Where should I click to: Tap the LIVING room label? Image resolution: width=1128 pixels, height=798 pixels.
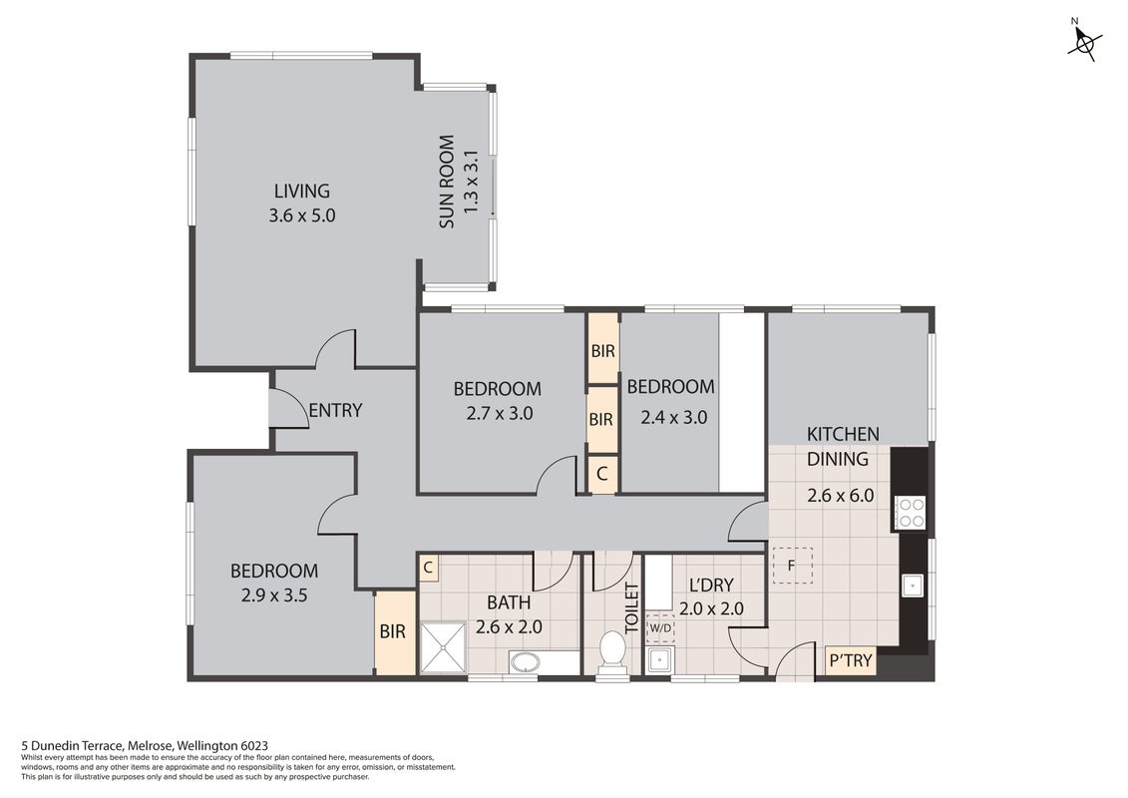tap(302, 192)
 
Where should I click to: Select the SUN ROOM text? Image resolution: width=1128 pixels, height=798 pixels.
tap(447, 182)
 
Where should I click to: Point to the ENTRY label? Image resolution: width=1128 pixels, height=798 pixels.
tap(335, 410)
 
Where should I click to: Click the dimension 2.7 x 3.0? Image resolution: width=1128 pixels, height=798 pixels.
tap(500, 414)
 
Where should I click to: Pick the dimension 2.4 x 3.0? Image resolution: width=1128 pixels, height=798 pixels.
tap(674, 417)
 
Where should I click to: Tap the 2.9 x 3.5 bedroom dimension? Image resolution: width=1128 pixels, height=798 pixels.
tap(274, 596)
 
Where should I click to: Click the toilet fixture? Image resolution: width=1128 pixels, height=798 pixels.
tap(612, 653)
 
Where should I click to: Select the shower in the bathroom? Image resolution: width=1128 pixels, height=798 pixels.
tap(443, 647)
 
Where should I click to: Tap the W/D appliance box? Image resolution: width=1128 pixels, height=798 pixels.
tap(660, 628)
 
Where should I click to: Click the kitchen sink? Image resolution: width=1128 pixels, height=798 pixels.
tap(913, 586)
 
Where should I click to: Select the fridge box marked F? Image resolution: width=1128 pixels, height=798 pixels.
tap(792, 566)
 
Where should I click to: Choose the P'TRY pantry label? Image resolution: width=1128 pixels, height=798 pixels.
tap(851, 659)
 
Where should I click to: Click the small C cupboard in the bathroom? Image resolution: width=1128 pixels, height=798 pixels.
tap(428, 568)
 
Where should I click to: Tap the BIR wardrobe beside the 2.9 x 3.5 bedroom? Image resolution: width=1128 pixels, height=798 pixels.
tap(394, 631)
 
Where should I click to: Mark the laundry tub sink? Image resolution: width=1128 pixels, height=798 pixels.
tap(658, 659)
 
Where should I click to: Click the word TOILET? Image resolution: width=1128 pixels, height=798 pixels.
tap(632, 608)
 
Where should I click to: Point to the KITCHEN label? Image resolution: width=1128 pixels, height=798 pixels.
tap(843, 435)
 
